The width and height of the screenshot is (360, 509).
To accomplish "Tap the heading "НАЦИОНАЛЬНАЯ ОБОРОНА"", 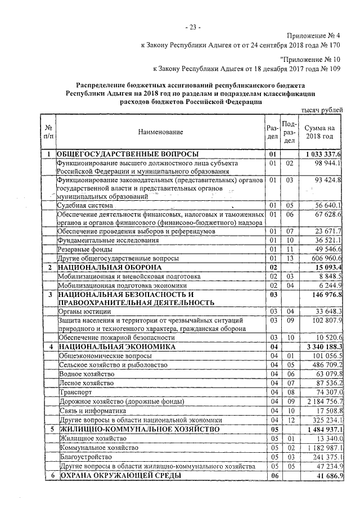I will [105, 267].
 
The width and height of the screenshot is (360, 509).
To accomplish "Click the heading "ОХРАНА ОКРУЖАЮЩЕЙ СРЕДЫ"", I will [119, 476].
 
